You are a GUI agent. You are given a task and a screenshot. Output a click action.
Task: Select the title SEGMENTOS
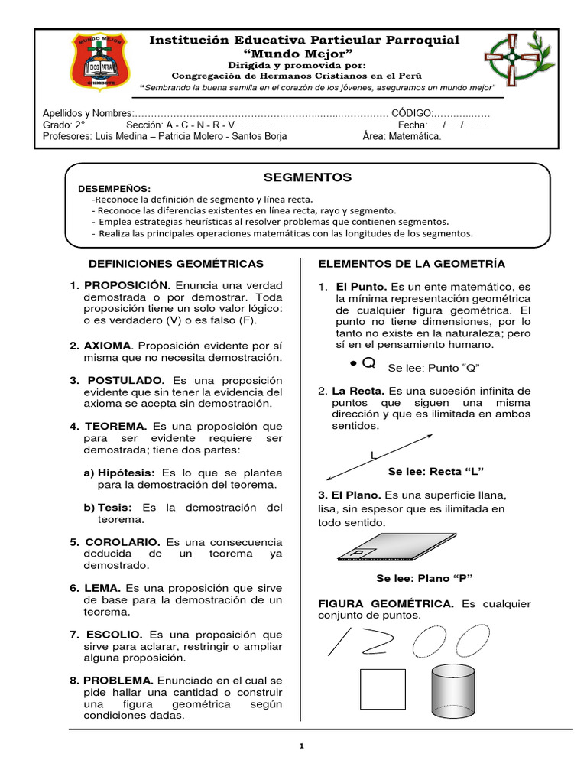tap(307, 177)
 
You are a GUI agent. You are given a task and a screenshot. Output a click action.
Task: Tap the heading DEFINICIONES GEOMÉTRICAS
tap(177, 263)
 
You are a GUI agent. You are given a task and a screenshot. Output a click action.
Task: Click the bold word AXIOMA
tap(107, 346)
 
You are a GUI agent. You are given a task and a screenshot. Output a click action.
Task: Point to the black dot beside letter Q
tap(352, 362)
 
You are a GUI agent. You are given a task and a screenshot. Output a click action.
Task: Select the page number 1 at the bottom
tap(302, 746)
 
